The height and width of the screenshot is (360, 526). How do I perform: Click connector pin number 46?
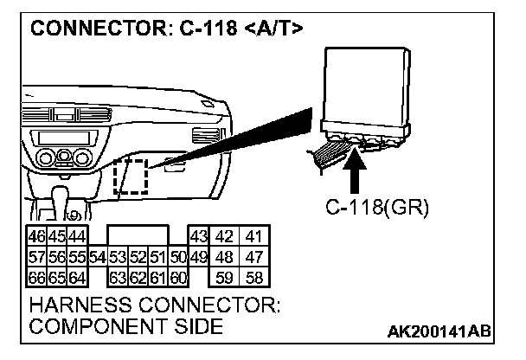(37, 236)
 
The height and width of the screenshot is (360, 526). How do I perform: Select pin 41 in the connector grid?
(253, 236)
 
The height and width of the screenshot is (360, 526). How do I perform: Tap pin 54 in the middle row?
(96, 257)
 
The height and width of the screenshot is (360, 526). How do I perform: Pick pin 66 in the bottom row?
(37, 278)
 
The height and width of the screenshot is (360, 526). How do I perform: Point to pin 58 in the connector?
(253, 278)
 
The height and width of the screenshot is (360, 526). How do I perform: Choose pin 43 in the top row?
(198, 236)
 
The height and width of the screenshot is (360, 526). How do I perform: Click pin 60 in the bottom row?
(178, 278)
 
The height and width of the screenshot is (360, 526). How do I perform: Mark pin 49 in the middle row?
(198, 257)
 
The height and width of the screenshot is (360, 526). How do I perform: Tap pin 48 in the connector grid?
(225, 257)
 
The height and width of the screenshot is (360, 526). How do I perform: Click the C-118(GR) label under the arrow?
(376, 208)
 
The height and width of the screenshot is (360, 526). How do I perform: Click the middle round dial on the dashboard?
(63, 160)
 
